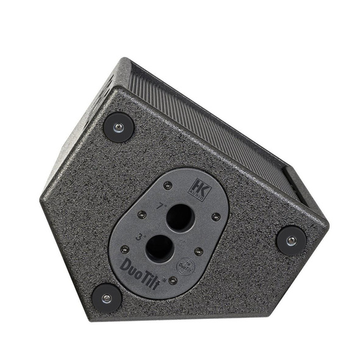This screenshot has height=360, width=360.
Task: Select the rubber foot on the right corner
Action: [291, 240]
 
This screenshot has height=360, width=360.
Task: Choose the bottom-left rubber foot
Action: [105, 298]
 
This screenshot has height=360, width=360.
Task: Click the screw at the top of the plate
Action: [167, 186]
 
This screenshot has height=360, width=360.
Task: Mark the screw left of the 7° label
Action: [142, 215]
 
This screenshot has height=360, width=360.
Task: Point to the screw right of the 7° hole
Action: [216, 217]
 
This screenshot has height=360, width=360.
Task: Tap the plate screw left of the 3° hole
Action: [125, 249]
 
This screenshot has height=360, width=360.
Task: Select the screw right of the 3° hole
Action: [199, 251]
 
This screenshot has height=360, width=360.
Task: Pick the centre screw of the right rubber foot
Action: [291, 240]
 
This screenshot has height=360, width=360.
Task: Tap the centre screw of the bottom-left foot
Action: [105, 298]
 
